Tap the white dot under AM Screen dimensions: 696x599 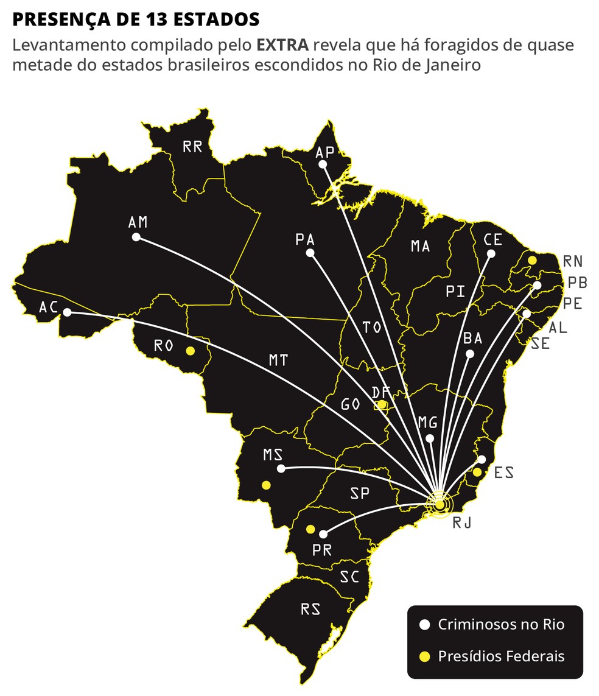[136, 237]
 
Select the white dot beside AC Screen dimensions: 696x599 [67, 312]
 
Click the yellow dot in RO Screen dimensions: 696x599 [190, 351]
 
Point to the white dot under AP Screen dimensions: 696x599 [323, 164]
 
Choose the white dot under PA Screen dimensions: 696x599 [310, 253]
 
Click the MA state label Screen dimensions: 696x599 [420, 246]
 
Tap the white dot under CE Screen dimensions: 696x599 [491, 254]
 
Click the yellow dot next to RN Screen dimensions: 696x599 [532, 260]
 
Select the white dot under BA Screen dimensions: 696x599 [469, 354]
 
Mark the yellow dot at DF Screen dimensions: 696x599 [382, 404]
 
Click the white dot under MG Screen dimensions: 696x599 [430, 438]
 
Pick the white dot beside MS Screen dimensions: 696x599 [281, 468]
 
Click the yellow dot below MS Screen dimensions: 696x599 [266, 485]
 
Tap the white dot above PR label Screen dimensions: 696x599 [323, 534]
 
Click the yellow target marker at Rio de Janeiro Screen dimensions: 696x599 [440, 504]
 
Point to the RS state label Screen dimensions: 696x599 [310, 609]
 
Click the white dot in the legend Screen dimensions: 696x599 [425, 625]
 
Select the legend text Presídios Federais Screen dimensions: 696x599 [501, 656]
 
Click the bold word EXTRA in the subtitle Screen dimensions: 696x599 [281, 45]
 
